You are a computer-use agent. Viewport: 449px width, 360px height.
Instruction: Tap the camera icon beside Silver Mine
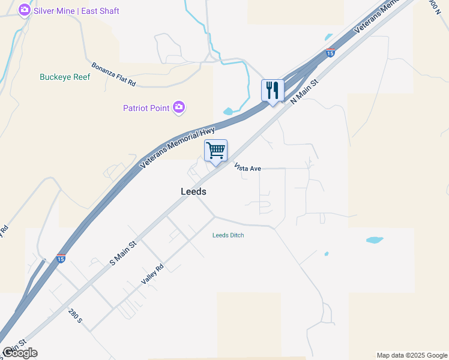click(x=25, y=10)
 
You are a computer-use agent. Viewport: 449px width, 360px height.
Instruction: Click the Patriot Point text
click(x=146, y=108)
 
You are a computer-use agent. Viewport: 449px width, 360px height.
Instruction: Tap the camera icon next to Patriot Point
click(x=179, y=107)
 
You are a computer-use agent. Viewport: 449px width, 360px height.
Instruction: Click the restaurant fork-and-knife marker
click(x=273, y=91)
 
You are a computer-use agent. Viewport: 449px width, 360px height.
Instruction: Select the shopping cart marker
click(x=215, y=150)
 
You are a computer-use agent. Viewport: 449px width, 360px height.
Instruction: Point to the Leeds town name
click(x=193, y=191)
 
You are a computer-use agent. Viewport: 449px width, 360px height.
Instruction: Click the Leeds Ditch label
click(x=228, y=235)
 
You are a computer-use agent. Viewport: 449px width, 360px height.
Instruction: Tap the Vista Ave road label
click(x=247, y=168)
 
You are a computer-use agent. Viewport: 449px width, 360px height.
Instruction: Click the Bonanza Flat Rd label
click(x=113, y=74)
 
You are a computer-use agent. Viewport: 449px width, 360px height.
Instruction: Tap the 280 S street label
click(x=75, y=316)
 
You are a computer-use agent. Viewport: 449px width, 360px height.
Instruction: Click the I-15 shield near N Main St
click(x=330, y=53)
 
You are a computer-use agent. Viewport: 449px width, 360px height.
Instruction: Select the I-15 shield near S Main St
click(x=61, y=258)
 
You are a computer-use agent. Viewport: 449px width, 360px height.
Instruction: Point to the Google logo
click(x=20, y=353)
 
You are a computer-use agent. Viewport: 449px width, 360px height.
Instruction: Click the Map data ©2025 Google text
click(x=412, y=355)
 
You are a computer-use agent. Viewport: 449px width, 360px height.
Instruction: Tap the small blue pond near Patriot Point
click(x=229, y=111)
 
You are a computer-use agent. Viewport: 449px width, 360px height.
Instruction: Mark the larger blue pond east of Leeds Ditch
click(x=374, y=240)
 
